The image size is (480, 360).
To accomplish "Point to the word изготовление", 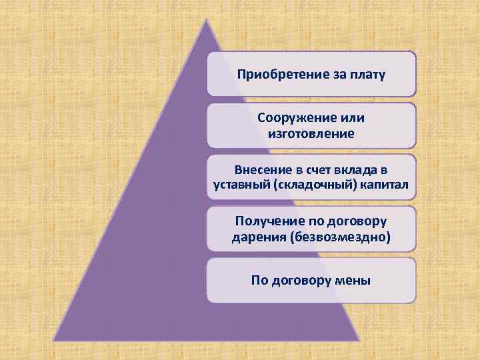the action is (x=311, y=133).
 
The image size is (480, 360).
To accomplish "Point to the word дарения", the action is (x=259, y=237).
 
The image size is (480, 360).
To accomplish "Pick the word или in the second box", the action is (x=350, y=118).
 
